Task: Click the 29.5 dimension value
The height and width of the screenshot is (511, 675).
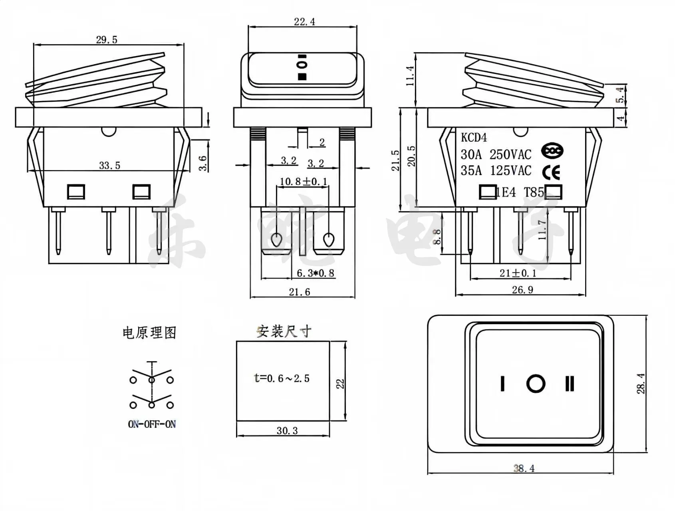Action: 107,40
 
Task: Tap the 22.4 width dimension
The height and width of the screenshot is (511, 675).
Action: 304,22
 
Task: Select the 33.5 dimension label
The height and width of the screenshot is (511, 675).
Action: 109,165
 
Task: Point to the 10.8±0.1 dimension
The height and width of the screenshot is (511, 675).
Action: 303,182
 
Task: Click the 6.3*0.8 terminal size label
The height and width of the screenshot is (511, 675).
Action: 315,273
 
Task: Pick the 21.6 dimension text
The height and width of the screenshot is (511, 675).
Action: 300,292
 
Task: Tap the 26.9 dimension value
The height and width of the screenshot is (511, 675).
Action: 522,290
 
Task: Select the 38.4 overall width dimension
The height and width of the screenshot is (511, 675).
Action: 524,468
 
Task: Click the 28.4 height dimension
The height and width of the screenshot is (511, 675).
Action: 641,383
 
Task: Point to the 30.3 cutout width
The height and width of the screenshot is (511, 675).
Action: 287,431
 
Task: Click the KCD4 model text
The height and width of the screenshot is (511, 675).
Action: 474,138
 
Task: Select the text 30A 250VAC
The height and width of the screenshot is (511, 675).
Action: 496,154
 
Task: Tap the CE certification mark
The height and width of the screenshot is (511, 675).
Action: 551,172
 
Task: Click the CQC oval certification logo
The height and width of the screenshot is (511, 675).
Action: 552,151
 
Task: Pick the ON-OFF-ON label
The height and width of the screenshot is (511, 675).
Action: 152,424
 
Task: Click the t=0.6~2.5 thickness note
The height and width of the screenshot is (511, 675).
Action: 282,378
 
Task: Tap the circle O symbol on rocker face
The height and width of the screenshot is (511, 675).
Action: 536,384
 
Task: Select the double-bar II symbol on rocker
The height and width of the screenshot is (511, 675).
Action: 570,384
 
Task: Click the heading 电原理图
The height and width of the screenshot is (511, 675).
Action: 149,333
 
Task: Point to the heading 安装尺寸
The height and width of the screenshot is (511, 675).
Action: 284,331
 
